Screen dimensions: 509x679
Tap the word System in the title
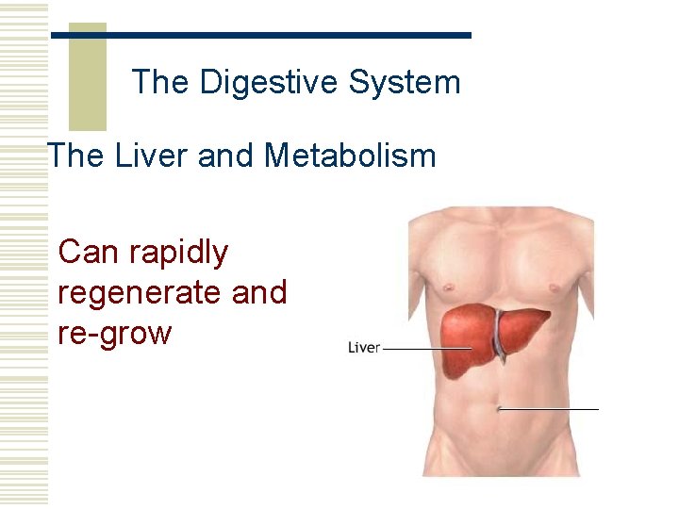point(405,83)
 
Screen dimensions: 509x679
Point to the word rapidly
point(179,254)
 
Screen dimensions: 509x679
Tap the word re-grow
point(115,334)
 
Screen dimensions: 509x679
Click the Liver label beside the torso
point(364,348)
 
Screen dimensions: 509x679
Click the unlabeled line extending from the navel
point(551,409)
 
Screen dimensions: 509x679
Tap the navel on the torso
point(498,408)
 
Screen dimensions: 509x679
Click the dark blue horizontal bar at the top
point(260,35)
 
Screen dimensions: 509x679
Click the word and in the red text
point(259,293)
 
